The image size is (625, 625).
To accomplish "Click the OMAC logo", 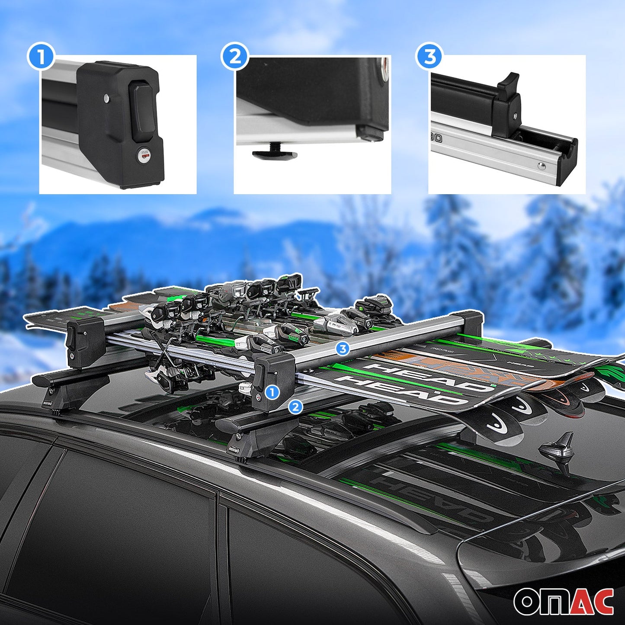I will point(563,601).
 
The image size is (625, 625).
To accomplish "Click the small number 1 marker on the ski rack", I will point(272,392).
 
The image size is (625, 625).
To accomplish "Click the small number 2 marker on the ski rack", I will point(295,407).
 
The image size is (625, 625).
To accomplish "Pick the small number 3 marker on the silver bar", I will point(343,349).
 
